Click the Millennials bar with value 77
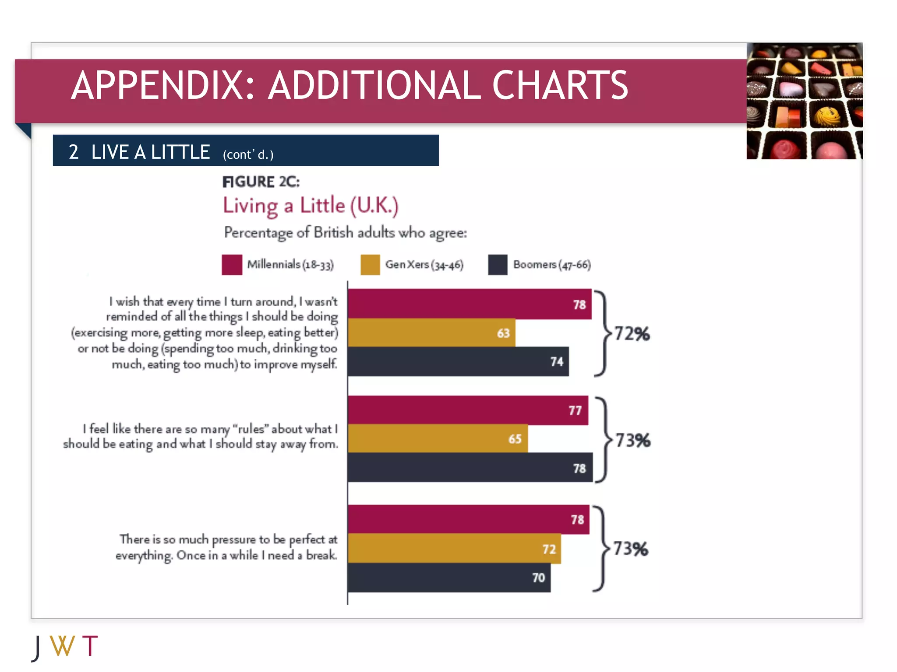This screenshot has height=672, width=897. [x=468, y=410]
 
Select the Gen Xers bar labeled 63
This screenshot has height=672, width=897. [x=431, y=333]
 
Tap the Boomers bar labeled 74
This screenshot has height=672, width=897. [x=458, y=361]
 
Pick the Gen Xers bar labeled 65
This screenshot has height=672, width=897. [x=438, y=438]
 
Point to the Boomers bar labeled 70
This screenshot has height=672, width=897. [x=449, y=577]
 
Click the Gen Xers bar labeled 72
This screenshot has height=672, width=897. [x=454, y=548]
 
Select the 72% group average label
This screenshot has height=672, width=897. [x=632, y=334]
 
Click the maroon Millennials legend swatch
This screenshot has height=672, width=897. [x=232, y=265]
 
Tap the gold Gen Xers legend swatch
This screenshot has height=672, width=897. [x=370, y=265]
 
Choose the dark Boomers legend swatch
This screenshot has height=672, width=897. [x=498, y=265]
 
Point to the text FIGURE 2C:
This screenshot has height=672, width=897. [x=261, y=182]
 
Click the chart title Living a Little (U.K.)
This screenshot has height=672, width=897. [x=311, y=206]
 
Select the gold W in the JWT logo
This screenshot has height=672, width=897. [x=62, y=646]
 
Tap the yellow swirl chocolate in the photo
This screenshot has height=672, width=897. [x=827, y=116]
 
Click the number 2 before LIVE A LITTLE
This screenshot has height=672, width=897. [x=74, y=152]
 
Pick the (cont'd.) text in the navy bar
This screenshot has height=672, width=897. [x=248, y=154]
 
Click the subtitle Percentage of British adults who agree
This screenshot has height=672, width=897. [x=345, y=232]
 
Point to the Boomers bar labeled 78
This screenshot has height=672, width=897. [x=470, y=468]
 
